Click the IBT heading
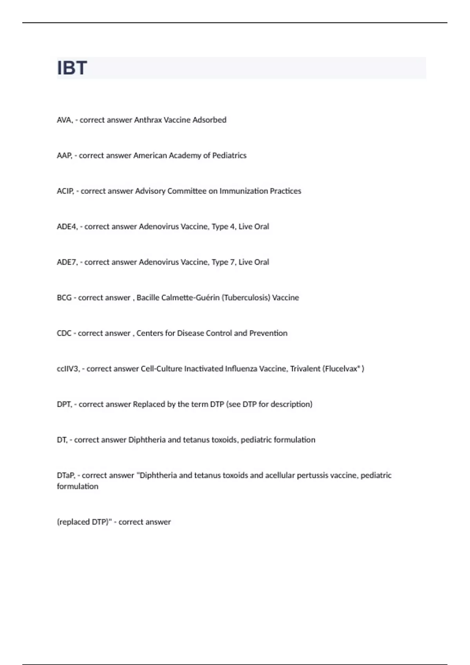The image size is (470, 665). [x=72, y=68]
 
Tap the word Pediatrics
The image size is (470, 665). [x=229, y=156]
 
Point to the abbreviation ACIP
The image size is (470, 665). [x=65, y=191]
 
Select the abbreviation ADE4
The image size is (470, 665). [x=67, y=227]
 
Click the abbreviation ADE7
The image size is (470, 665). [x=67, y=262]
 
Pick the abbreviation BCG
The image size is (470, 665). [x=64, y=298]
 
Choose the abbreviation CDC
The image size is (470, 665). [x=64, y=334]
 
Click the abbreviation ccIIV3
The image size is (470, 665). [x=68, y=369]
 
